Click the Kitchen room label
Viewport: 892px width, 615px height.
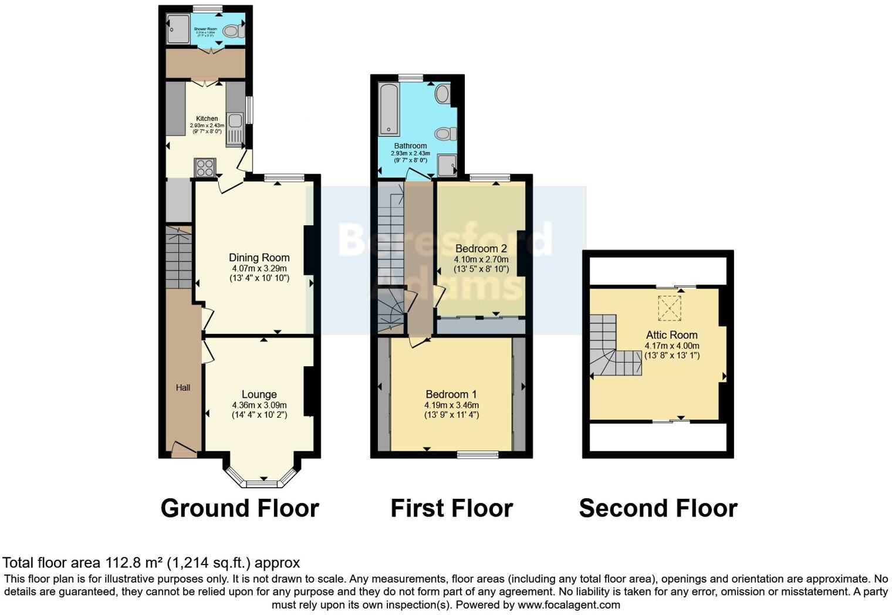pos(207,119)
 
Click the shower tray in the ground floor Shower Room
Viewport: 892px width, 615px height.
pos(178,29)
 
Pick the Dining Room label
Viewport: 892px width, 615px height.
pos(259,258)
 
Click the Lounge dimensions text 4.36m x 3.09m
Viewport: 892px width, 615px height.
pos(259,406)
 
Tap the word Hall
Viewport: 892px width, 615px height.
pos(183,388)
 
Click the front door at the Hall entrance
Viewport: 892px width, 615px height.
pos(184,450)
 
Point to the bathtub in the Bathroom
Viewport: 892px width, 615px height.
pos(388,109)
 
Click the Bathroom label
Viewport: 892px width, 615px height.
pos(410,146)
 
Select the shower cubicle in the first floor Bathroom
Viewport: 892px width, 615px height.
pos(447,165)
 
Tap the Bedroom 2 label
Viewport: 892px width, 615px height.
pos(481,249)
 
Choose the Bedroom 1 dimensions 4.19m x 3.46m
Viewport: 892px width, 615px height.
pos(451,406)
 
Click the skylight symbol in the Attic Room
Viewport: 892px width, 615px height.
pos(669,309)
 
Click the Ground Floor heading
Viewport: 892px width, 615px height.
pos(239,508)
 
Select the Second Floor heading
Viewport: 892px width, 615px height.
pos(658,508)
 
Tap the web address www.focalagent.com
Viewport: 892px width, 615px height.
pos(569,604)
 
